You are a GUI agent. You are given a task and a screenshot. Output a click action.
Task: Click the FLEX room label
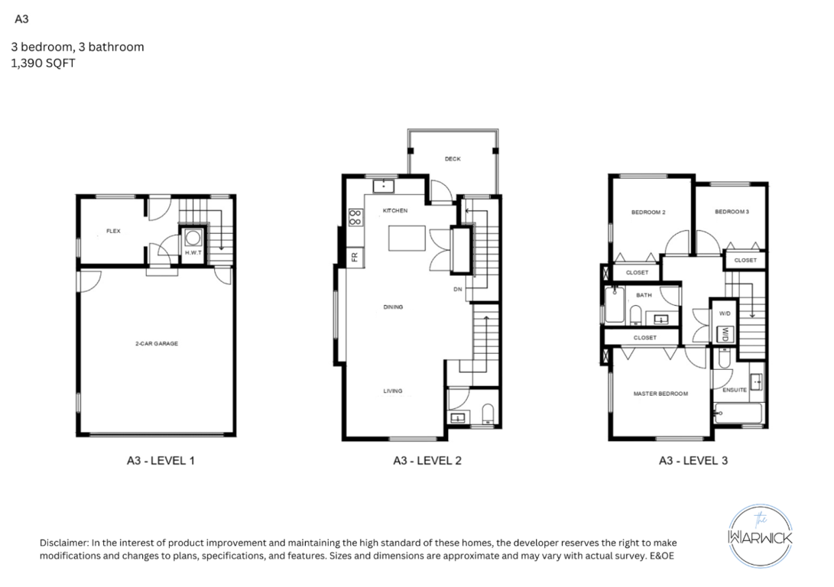point(113,231)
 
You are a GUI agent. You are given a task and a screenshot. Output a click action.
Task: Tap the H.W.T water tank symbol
point(193,237)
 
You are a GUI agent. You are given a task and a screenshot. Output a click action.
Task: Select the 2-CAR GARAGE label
point(157,343)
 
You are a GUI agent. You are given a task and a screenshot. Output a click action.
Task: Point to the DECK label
point(453,159)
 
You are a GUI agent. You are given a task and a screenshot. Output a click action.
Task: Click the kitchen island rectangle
point(407,238)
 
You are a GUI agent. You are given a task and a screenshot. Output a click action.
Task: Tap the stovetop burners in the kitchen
point(355,217)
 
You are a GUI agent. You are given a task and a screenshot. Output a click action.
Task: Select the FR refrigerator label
point(355,258)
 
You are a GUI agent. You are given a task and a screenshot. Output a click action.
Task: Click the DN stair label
point(457,289)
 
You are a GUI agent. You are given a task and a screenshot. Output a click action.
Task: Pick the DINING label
point(393,306)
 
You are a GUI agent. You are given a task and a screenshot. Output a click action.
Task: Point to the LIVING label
point(393,391)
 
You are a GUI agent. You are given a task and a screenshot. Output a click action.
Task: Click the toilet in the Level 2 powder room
point(488,414)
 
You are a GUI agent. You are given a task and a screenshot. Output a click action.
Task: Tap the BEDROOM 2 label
point(648,212)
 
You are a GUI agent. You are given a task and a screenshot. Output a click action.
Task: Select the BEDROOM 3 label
point(732,212)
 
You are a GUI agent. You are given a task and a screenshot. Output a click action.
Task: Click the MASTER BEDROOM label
point(660,394)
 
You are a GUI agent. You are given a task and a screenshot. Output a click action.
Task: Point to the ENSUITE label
point(735,390)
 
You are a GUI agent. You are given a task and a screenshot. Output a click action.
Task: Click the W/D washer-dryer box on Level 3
point(725,335)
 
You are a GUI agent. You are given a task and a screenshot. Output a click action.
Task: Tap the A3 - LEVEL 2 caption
point(427,460)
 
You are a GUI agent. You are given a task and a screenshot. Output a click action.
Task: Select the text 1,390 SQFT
point(43,63)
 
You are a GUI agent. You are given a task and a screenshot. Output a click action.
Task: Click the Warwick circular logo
point(760,536)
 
